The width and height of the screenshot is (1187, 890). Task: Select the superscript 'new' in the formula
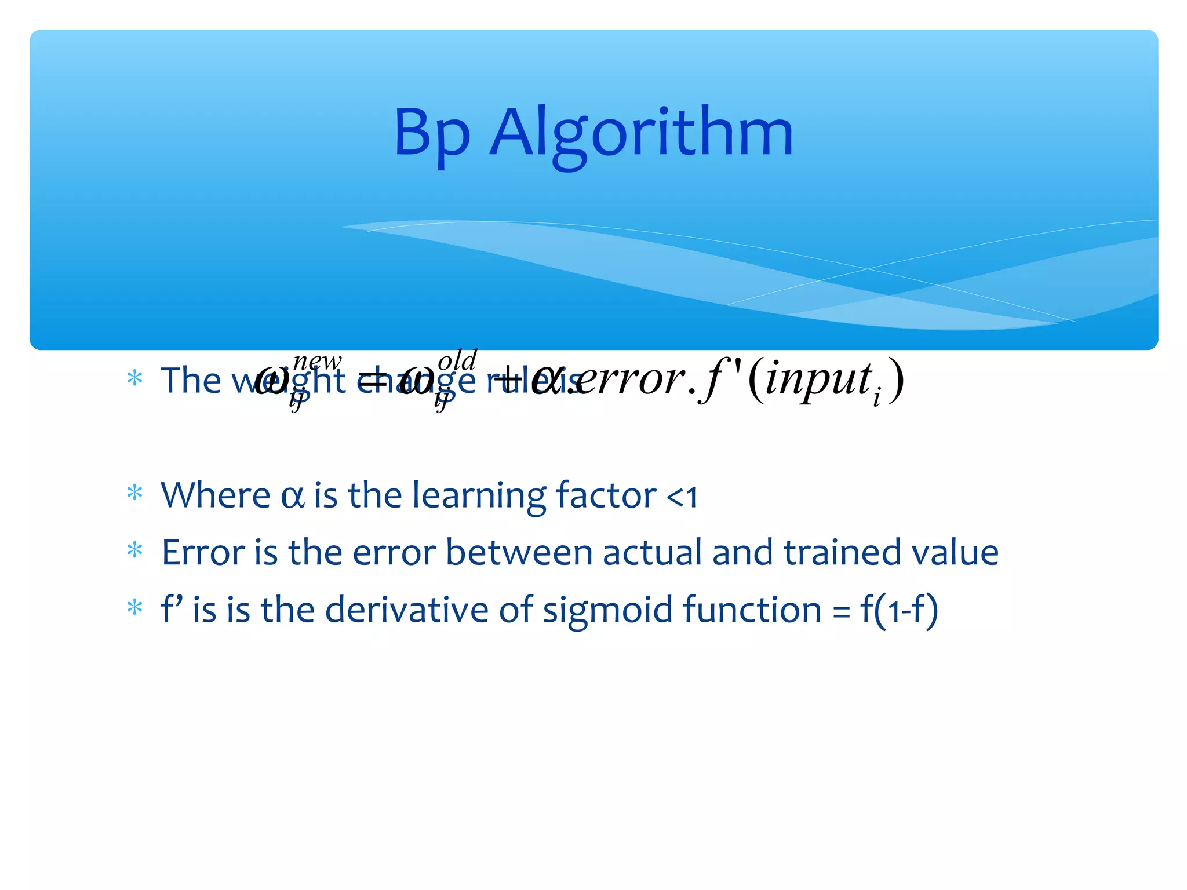click(x=317, y=362)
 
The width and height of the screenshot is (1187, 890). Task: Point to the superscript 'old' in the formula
click(x=457, y=360)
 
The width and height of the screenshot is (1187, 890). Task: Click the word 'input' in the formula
click(x=818, y=380)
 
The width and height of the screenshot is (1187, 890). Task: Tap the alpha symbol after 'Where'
click(x=293, y=497)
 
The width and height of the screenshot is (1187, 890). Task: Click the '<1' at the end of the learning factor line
click(x=682, y=497)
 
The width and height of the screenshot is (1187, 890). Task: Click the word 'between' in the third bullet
click(x=519, y=552)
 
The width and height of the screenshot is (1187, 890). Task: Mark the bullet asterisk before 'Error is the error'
click(x=134, y=550)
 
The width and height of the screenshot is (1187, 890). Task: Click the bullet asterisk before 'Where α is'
click(x=134, y=493)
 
